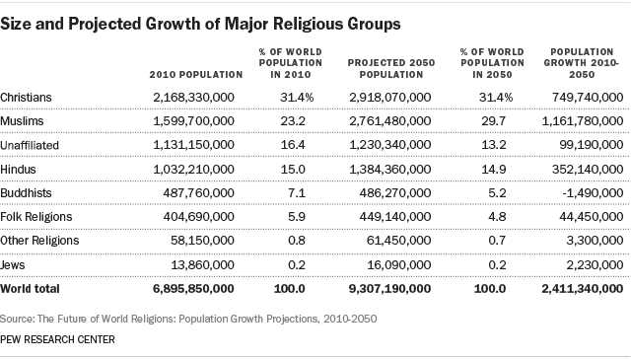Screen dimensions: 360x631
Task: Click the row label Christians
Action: tap(27, 98)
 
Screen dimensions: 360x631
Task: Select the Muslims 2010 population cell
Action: tap(195, 121)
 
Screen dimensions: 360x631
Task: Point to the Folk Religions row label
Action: tap(38, 217)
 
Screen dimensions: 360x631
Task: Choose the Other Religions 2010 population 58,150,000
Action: tap(201, 241)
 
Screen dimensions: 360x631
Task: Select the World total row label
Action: tap(31, 289)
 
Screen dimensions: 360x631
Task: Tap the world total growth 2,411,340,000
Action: tap(580, 289)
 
